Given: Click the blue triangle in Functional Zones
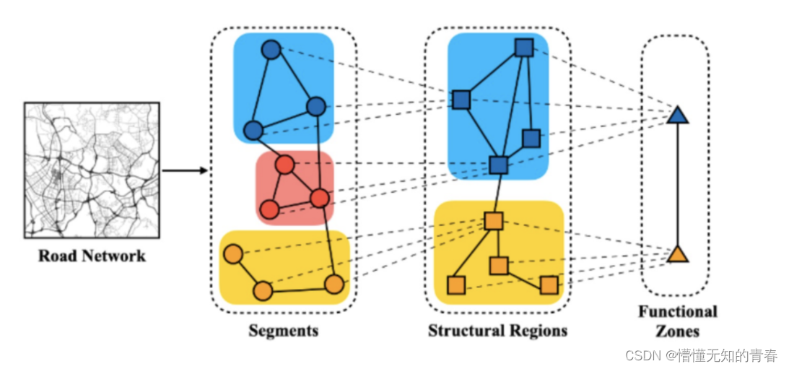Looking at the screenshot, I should [x=676, y=115].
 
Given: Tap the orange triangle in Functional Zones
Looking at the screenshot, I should [x=676, y=253].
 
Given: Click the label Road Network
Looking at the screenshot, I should [x=92, y=256].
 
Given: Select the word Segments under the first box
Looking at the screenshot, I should [x=283, y=331].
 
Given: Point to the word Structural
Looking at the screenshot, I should [x=463, y=331].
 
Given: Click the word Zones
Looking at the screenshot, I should [x=677, y=331].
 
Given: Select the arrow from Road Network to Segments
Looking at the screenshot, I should [x=185, y=171].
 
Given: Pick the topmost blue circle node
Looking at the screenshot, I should [x=271, y=50].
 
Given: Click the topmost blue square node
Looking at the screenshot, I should [x=523, y=48].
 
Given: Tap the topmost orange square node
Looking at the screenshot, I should [x=493, y=220].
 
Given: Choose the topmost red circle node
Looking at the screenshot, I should [x=285, y=165].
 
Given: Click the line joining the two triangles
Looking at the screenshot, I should [x=677, y=184].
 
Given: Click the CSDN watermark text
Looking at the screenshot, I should [x=700, y=355].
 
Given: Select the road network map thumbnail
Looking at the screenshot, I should [x=92, y=170].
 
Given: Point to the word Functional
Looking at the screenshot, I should [x=677, y=312].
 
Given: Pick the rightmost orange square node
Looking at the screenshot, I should [x=549, y=285].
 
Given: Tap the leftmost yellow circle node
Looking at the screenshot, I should [x=232, y=254].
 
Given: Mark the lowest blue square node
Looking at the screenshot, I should [x=498, y=165].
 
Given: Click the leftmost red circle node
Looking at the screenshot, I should [x=269, y=209].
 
